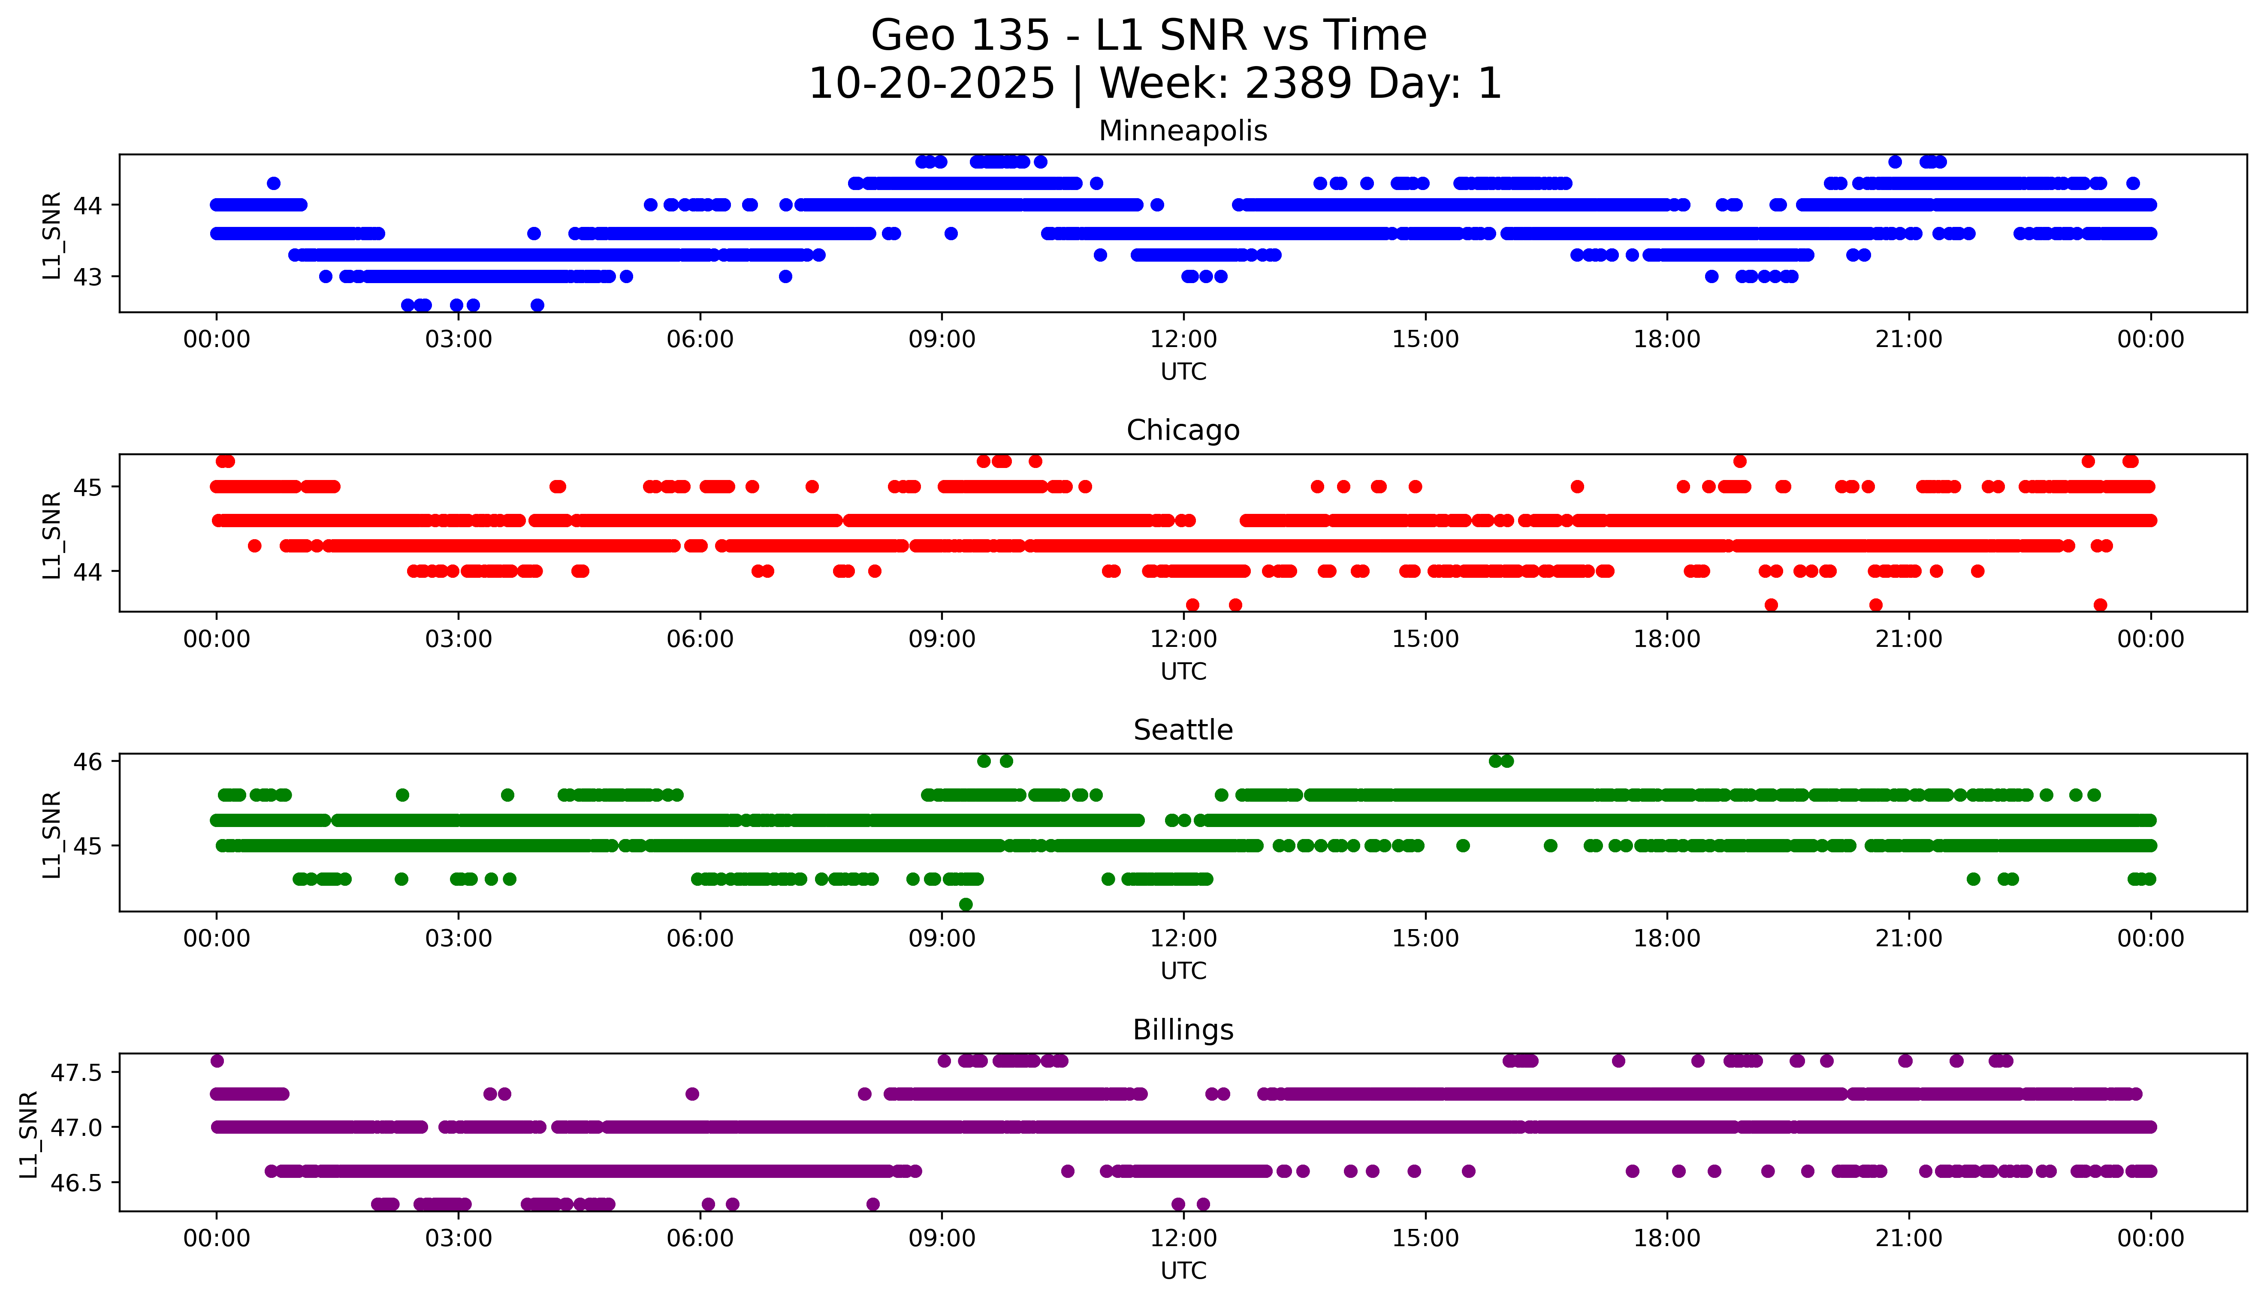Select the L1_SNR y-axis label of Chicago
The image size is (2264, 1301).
pos(52,534)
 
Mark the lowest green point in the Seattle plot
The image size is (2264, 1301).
pos(965,904)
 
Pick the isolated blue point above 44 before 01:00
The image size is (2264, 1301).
pos(273,183)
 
